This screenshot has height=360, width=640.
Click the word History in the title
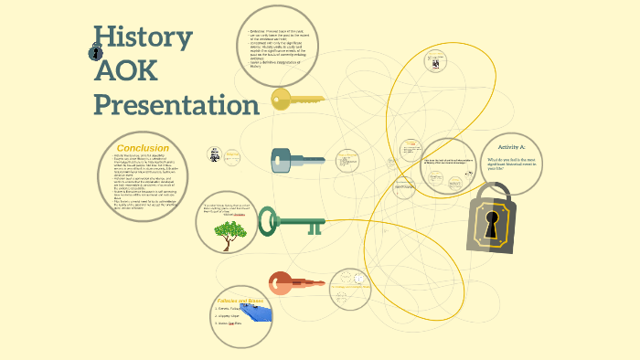(x=143, y=38)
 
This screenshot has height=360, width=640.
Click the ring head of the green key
(x=268, y=220)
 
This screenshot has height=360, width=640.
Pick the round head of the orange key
(x=281, y=283)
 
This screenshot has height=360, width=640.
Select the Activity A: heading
(x=512, y=146)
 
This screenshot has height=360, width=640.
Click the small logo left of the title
(x=97, y=53)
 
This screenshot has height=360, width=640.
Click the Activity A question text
(x=511, y=164)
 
